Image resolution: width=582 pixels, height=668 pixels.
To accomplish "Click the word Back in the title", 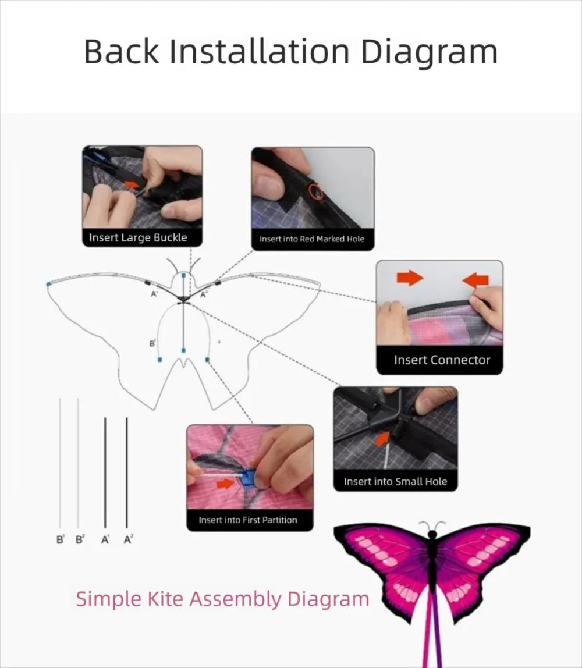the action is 121,52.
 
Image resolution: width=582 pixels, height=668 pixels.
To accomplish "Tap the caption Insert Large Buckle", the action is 138,237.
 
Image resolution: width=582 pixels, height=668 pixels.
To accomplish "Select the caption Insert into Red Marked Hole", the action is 312,239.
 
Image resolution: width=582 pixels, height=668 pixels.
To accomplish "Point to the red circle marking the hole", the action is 315,191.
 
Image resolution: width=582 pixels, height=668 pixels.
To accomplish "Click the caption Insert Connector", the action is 442,360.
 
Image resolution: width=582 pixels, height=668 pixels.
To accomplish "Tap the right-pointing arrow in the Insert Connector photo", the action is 410,278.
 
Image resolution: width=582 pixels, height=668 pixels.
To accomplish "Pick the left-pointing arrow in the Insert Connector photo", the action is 475,280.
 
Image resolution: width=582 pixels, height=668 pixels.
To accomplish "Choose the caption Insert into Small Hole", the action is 395,481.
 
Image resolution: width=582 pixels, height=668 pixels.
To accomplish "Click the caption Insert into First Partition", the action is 247,520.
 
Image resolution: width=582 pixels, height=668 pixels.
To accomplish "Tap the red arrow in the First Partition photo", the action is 225,484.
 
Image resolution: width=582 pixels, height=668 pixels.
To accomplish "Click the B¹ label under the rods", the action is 61,539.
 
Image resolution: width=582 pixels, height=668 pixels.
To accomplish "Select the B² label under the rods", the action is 80,539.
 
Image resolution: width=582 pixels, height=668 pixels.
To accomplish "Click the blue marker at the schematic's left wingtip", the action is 48,284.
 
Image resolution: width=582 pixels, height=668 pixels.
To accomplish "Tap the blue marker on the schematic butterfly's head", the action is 184,276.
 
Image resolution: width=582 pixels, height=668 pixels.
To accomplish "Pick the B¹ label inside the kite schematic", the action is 152,343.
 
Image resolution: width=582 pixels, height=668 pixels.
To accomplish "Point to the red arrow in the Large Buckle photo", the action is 132,184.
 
